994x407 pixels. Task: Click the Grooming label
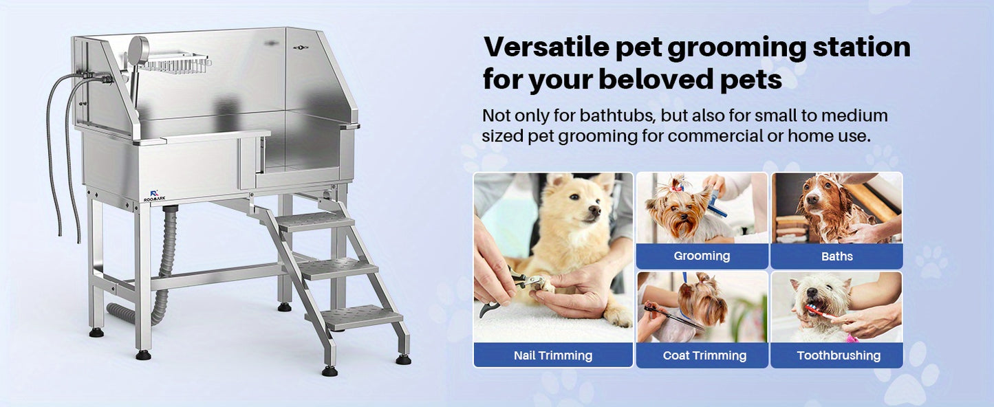pos(702,256)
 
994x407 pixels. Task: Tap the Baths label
pos(836,256)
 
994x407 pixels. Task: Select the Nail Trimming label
pos(553,355)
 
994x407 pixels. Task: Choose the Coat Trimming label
pos(704,355)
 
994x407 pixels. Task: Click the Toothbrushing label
pos(839,355)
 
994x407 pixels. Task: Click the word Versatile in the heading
pos(543,47)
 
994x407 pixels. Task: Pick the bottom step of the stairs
pos(362,317)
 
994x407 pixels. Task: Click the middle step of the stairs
pos(338,267)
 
